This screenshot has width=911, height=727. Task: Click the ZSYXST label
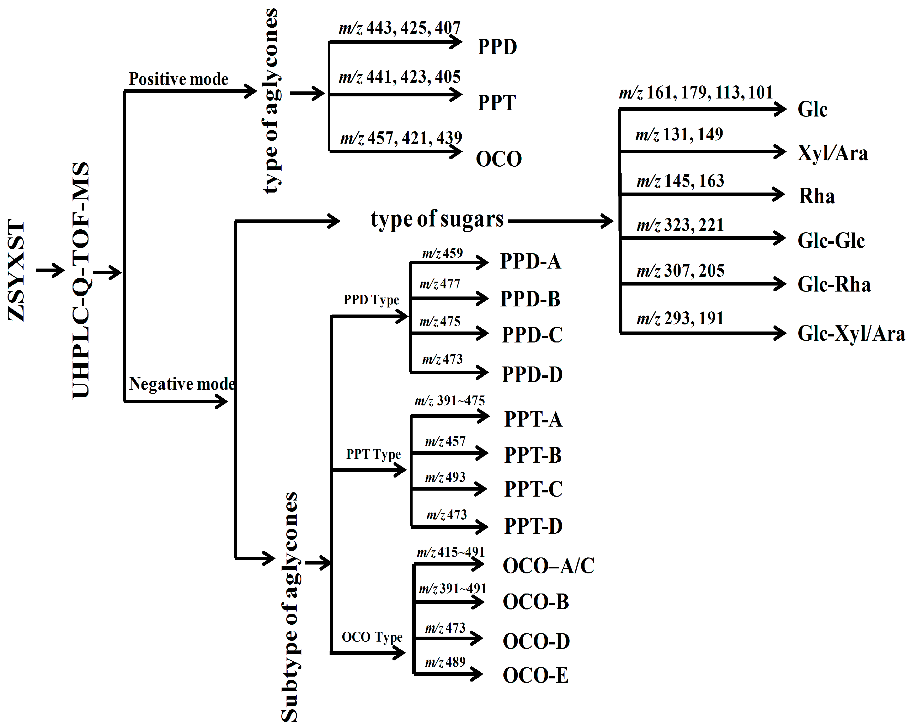coord(17,270)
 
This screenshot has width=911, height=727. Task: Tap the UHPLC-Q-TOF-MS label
coord(81,280)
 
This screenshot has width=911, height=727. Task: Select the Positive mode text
coord(178,79)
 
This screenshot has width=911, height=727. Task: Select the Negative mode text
coord(182,384)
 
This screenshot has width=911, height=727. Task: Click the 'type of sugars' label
coord(437,219)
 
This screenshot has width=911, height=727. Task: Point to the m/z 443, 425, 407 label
coord(399,28)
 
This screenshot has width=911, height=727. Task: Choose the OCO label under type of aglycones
coord(499,159)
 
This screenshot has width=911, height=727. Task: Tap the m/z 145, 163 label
coord(680,181)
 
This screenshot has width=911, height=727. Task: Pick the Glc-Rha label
coord(834,284)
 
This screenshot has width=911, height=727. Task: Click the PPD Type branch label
coord(371,300)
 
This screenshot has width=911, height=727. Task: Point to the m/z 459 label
coord(442,253)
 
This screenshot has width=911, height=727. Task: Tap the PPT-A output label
coord(533,419)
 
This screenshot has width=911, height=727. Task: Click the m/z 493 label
coord(445,477)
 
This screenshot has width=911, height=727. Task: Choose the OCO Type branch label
coord(372,637)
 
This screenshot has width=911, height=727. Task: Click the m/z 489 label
coord(445,662)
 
